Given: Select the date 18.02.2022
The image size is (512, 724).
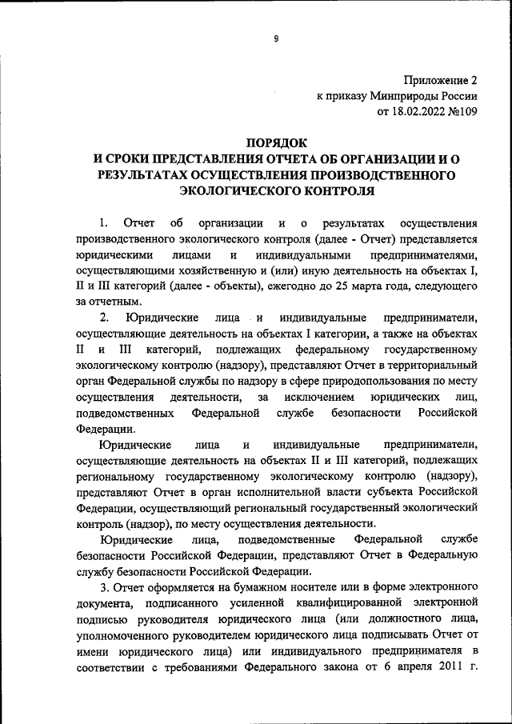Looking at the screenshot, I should (416, 112).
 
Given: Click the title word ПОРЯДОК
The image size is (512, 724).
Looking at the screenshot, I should (276, 142).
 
